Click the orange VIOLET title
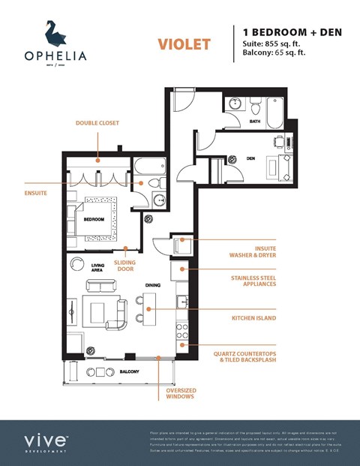pyautogui.click(x=184, y=44)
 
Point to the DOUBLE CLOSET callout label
pyautogui.click(x=97, y=122)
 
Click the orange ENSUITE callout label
pyautogui.click(x=35, y=192)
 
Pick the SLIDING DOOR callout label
pyautogui.click(x=124, y=266)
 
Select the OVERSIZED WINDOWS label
pyautogui.click(x=181, y=392)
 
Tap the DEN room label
pyautogui.click(x=250, y=158)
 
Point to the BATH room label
pyautogui.click(x=255, y=121)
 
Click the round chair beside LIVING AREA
pyautogui.click(x=76, y=264)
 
